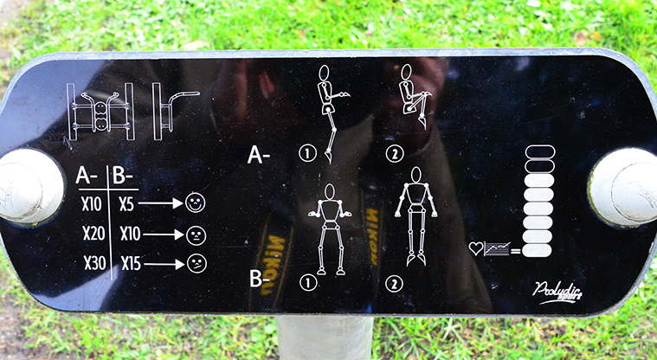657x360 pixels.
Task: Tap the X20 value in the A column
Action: pos(93,234)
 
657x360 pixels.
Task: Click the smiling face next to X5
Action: pos(195,204)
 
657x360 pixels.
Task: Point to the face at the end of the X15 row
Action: pos(197,263)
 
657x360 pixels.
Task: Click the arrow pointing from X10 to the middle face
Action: pos(164,234)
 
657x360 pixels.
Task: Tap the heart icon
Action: pos(475,248)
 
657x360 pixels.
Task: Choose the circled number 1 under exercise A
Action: pos(305,154)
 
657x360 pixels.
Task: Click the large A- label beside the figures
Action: pos(260,156)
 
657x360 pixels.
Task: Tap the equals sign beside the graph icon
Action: pos(515,251)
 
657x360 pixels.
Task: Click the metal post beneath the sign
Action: pos(325,339)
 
